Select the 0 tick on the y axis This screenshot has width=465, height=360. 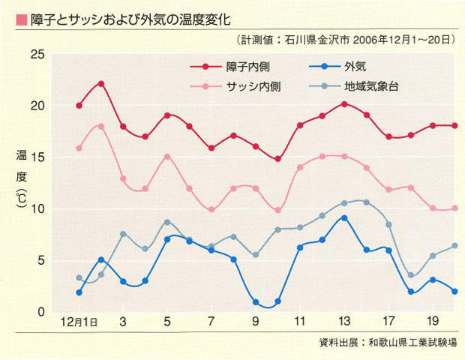pos(42,311)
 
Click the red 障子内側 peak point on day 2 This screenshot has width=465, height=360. pos(101,83)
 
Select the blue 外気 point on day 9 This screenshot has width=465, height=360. pos(256,302)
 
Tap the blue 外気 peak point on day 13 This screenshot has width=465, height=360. pos(344,217)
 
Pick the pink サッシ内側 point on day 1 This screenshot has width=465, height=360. pos(79,148)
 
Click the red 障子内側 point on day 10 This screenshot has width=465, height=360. pos(277,159)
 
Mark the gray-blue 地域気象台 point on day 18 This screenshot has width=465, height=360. pos(410,275)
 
